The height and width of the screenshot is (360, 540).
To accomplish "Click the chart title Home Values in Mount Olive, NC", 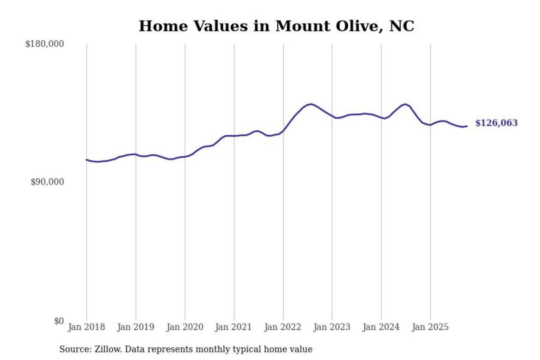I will [276, 26].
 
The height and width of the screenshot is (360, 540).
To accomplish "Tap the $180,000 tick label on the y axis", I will [45, 44].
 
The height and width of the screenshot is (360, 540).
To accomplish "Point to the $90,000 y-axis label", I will [47, 182].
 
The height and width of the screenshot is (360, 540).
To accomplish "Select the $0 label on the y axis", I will [59, 321].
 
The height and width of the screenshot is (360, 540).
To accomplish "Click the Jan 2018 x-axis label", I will [86, 327].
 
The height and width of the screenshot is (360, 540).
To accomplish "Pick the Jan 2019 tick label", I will [135, 327].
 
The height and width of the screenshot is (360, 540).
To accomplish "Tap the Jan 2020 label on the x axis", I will [184, 327].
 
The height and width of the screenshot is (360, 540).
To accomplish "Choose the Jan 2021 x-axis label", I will [233, 327].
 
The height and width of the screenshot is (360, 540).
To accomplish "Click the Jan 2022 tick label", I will [282, 327].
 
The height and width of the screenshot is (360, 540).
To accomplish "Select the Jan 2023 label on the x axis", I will [331, 327].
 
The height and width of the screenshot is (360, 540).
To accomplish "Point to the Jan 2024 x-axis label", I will [381, 327].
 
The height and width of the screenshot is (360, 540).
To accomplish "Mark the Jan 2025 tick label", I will [430, 327].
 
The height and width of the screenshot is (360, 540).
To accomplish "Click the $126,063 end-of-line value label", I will [496, 123].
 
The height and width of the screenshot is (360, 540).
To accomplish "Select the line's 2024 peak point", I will [405, 104].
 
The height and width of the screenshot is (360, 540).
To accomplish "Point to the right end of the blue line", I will [467, 126].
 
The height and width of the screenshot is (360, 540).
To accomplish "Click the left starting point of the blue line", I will [87, 160].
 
